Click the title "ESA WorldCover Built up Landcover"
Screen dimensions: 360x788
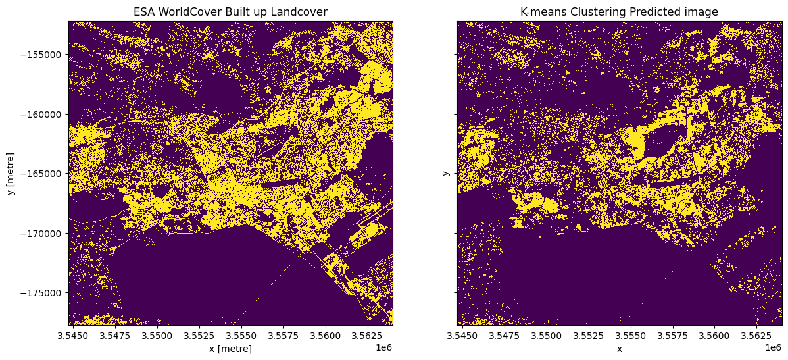(x=230, y=12)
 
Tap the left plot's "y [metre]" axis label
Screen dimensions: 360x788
(x=11, y=173)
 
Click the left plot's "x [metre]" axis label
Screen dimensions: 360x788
(x=230, y=349)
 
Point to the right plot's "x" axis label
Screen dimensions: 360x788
(x=619, y=349)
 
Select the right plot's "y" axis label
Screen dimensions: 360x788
(x=445, y=173)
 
